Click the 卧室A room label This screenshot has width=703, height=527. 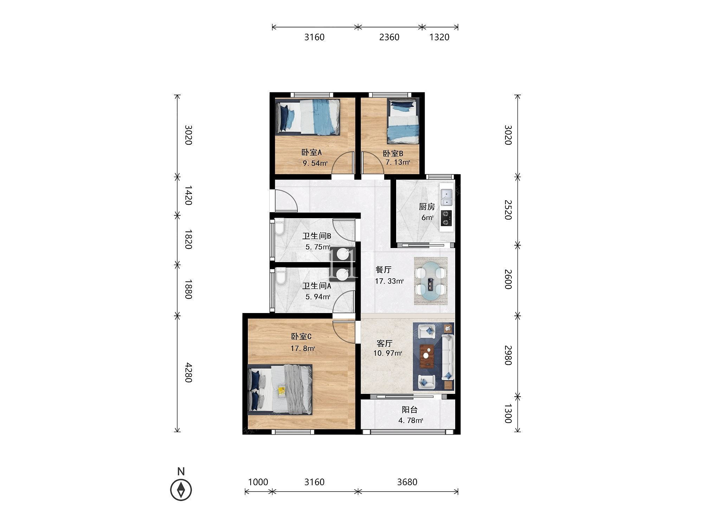pyautogui.click(x=312, y=152)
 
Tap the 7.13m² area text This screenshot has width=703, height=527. pyautogui.click(x=398, y=162)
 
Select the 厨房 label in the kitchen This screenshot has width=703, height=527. pyautogui.click(x=427, y=207)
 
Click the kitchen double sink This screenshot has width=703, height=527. pyautogui.click(x=447, y=197)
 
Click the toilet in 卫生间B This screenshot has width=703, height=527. pyautogui.click(x=279, y=227)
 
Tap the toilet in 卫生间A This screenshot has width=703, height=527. pyautogui.click(x=280, y=276)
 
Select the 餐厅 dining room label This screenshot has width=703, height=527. pyautogui.click(x=383, y=270)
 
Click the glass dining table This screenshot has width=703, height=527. pyautogui.click(x=431, y=281)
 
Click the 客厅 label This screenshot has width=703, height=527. pyautogui.click(x=384, y=343)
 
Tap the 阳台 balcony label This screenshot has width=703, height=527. pyautogui.click(x=409, y=410)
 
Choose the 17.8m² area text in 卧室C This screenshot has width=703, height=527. pyautogui.click(x=303, y=349)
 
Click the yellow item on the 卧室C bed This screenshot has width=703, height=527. pyautogui.click(x=282, y=391)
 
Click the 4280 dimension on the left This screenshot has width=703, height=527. pyautogui.click(x=188, y=373)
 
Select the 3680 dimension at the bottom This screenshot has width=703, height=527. pyautogui.click(x=407, y=482)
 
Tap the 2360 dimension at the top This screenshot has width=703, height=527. pyautogui.click(x=389, y=37)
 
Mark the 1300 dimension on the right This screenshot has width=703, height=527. pyautogui.click(x=508, y=413)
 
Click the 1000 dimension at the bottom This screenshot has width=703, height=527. pyautogui.click(x=258, y=482)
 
